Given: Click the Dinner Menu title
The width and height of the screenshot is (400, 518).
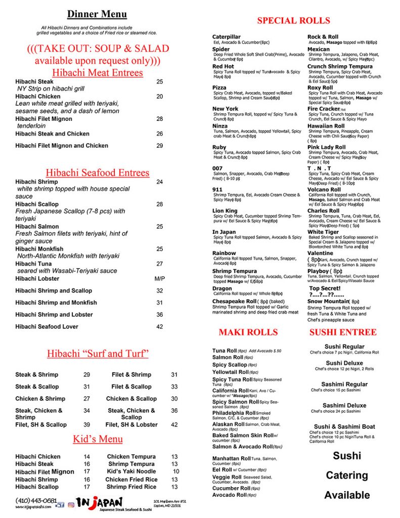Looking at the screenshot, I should pyautogui.click(x=97, y=14).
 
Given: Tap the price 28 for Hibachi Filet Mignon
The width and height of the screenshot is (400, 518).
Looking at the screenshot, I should pyautogui.click(x=160, y=119).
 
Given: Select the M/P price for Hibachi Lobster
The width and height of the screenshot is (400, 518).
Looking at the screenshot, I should pyautogui.click(x=160, y=279).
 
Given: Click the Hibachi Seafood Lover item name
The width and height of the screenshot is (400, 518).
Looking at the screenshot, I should pyautogui.click(x=47, y=327).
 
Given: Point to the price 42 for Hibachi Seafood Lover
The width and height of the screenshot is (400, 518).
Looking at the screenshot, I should pyautogui.click(x=160, y=327).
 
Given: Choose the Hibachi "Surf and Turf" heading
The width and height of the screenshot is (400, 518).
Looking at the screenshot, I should pyautogui.click(x=98, y=354).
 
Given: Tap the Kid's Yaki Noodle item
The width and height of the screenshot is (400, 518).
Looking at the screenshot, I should pyautogui.click(x=131, y=471).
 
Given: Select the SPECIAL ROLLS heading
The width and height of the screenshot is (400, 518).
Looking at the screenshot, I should pyautogui.click(x=293, y=21).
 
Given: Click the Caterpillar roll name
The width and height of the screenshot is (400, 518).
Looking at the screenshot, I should pyautogui.click(x=227, y=37).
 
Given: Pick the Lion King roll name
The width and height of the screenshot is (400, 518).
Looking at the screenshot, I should pyautogui.click(x=225, y=211).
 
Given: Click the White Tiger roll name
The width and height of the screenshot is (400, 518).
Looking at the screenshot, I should pyautogui.click(x=323, y=232).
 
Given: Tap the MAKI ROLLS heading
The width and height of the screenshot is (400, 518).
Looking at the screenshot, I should pyautogui.click(x=248, y=332).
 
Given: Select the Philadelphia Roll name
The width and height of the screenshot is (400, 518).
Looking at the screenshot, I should pyautogui.click(x=234, y=413).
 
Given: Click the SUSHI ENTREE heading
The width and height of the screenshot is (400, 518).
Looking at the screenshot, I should pyautogui.click(x=350, y=332).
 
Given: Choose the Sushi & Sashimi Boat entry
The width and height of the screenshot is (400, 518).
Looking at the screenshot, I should pyautogui.click(x=344, y=426).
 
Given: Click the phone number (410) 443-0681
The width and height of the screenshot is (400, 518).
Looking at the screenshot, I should pyautogui.click(x=36, y=500).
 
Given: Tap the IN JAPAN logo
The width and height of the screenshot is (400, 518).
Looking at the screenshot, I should pyautogui.click(x=100, y=502).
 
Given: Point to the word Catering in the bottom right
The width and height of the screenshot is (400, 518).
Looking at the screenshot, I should pyautogui.click(x=347, y=476).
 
